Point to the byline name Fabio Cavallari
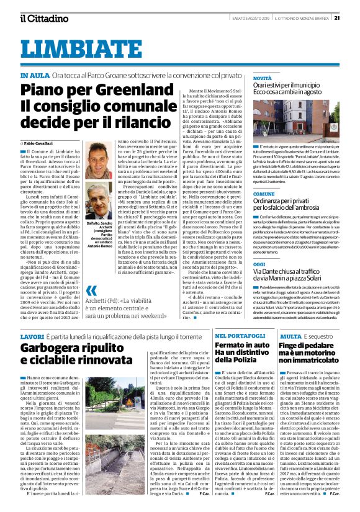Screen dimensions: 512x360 pyautogui.click(x=41, y=143)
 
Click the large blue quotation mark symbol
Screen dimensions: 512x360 pyautogui.click(x=92, y=308)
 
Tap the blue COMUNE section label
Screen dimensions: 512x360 pyautogui.click(x=246, y=194)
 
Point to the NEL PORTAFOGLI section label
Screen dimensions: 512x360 pyautogui.click(x=240, y=336)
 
